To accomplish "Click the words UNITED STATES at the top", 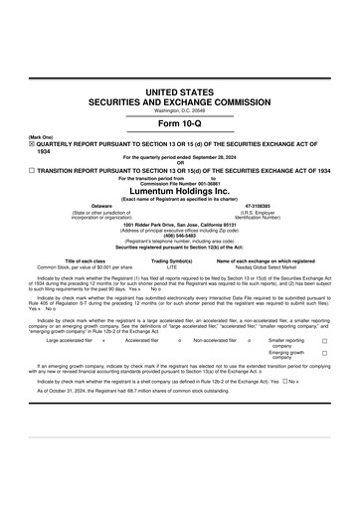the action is tap(180, 91).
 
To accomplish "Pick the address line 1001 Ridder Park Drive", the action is tap(180, 224).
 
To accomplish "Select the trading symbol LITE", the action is tap(171, 267).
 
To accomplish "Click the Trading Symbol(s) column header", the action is tap(171, 261).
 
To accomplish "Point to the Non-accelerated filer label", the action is tap(215, 340).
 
